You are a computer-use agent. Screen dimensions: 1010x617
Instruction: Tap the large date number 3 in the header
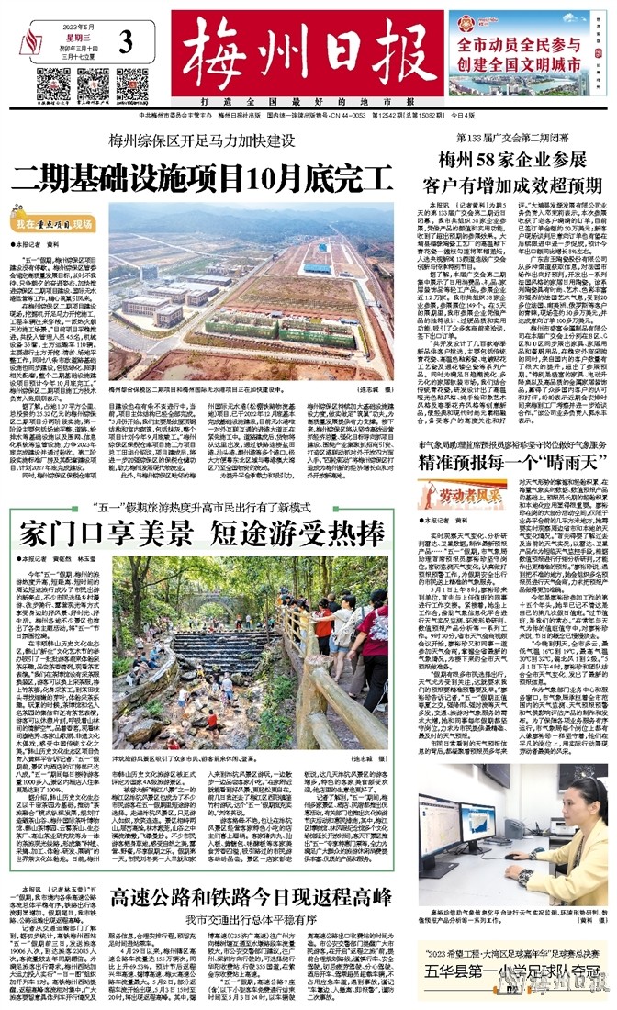pyautogui.click(x=126, y=42)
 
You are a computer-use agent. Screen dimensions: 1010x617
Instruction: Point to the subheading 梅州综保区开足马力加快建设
pyautogui.click(x=200, y=140)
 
